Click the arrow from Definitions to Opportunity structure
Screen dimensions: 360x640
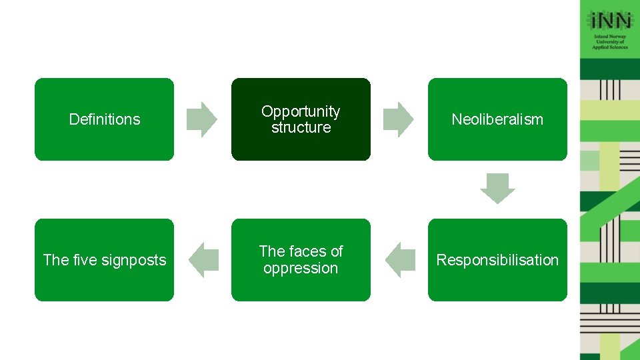[201, 119]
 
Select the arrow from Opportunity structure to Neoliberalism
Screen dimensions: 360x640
[398, 119]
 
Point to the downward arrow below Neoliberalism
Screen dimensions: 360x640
[497, 188]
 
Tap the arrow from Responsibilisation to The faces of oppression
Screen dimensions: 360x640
[399, 260]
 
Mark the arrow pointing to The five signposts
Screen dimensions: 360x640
[203, 260]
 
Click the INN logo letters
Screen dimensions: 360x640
[610, 20]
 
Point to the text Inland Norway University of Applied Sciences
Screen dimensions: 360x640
[610, 42]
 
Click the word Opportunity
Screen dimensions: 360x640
[301, 111]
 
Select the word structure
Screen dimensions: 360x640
[301, 127]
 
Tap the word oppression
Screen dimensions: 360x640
[301, 268]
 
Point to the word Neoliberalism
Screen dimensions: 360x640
[497, 119]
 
